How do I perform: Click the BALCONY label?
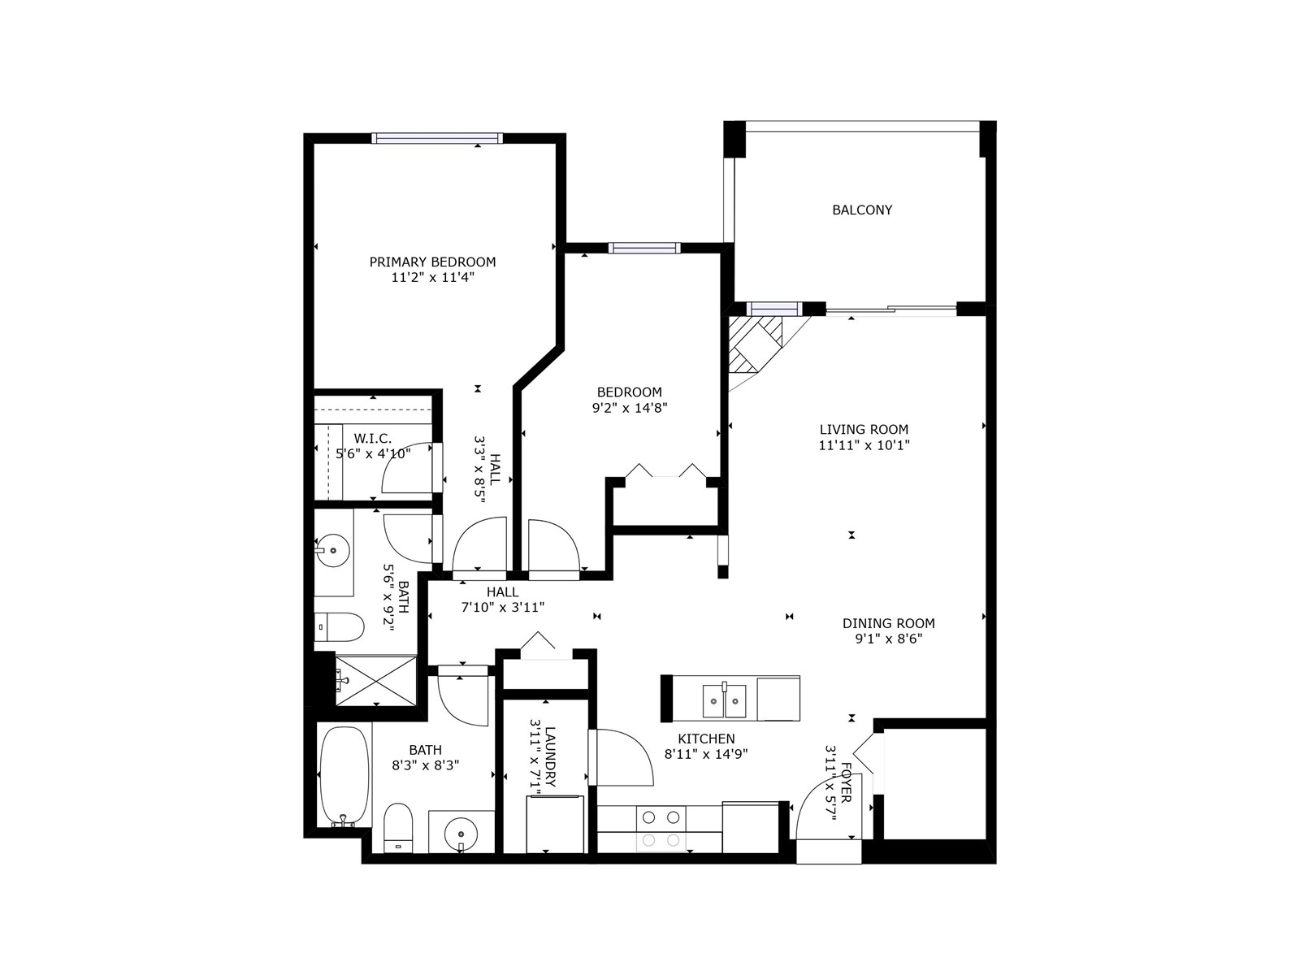pos(862,210)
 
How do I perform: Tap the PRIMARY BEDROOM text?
pos(432,262)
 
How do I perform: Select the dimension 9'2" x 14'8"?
pos(630,408)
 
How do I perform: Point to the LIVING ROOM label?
pos(864,429)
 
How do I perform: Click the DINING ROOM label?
pos(888,623)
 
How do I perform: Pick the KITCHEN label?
pos(706,739)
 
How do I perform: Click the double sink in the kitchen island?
pos(724,700)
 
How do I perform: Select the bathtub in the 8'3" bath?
pos(344,776)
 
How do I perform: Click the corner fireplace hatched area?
pos(755,344)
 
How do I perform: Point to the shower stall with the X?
pos(376,680)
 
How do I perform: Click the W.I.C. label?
pos(372,439)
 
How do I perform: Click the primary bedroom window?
pos(437,138)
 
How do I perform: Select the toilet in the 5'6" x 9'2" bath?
pos(338,627)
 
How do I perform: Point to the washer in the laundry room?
pos(555,823)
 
